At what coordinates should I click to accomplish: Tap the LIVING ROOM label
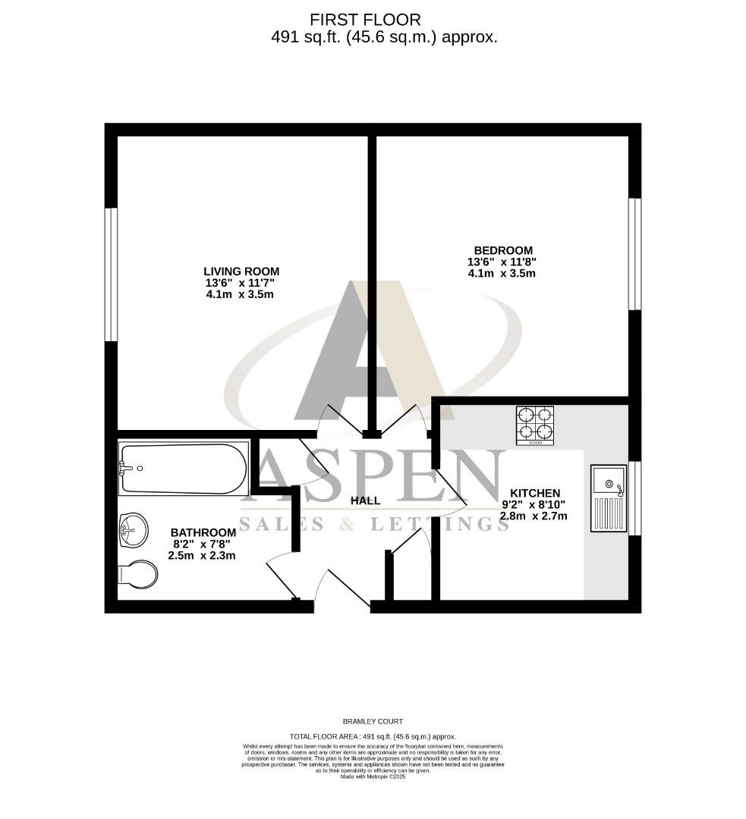[x=241, y=271]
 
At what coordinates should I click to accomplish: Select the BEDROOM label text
[x=503, y=250]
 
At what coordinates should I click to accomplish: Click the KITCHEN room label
[x=535, y=493]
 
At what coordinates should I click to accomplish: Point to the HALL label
[x=365, y=500]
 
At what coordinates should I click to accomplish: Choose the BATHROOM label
[x=203, y=532]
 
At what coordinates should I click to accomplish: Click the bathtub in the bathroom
[x=183, y=469]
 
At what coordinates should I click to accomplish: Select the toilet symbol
[x=137, y=573]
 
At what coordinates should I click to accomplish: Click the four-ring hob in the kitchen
[x=536, y=425]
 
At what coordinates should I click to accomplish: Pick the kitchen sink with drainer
[x=609, y=498]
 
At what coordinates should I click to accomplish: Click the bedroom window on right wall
[x=634, y=254]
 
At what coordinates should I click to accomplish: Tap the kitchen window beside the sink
[x=634, y=498]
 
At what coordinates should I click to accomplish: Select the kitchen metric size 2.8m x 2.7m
[x=534, y=516]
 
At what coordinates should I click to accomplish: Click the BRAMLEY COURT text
[x=373, y=721]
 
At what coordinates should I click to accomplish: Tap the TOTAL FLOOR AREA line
[x=373, y=736]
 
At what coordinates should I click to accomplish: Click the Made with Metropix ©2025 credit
[x=373, y=777]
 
